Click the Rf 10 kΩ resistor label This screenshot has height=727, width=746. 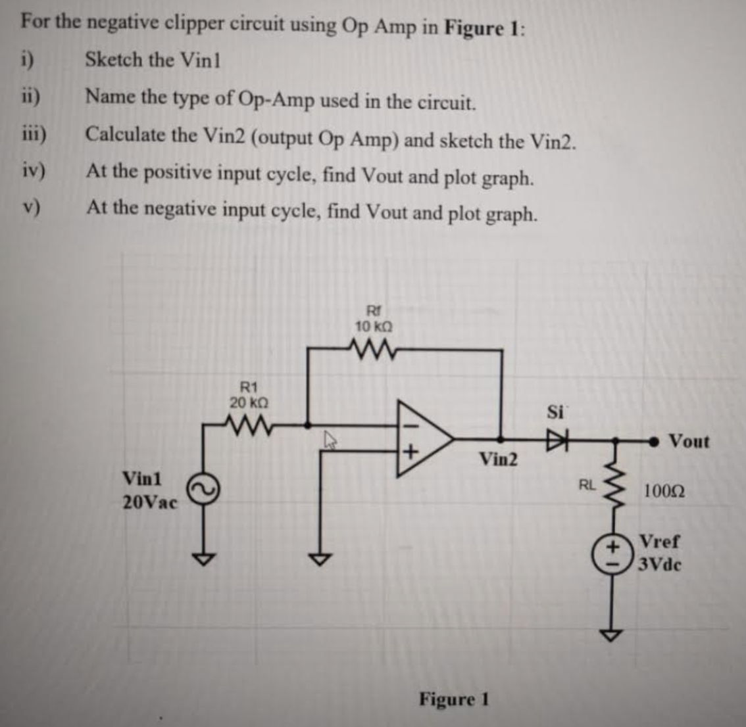(x=374, y=319)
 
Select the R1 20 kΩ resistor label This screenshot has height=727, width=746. (x=248, y=394)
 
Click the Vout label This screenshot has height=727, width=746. (x=689, y=441)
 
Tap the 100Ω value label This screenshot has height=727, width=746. (x=664, y=490)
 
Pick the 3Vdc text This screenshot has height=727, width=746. (x=660, y=565)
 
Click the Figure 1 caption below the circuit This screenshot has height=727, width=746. (x=454, y=699)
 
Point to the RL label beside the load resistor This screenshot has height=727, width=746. (x=587, y=486)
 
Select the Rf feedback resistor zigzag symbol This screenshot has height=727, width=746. (x=374, y=346)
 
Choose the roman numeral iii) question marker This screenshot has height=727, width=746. (x=32, y=134)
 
